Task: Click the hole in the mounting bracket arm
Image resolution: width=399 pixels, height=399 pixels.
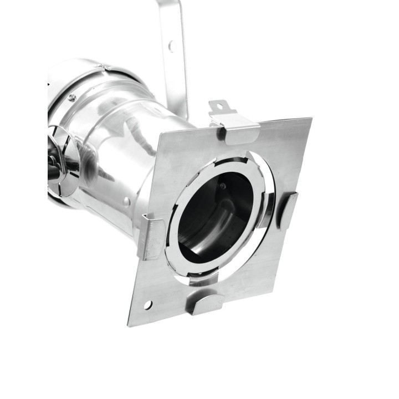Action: coord(171,45)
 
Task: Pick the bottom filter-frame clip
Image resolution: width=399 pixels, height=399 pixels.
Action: coord(205,303)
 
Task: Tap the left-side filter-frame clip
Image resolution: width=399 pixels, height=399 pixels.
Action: coord(150,237)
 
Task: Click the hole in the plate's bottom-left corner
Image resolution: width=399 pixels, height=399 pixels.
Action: coord(148,304)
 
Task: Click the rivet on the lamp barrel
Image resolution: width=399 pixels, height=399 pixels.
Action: coord(127,202)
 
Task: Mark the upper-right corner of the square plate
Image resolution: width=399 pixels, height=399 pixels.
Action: coord(311,119)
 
